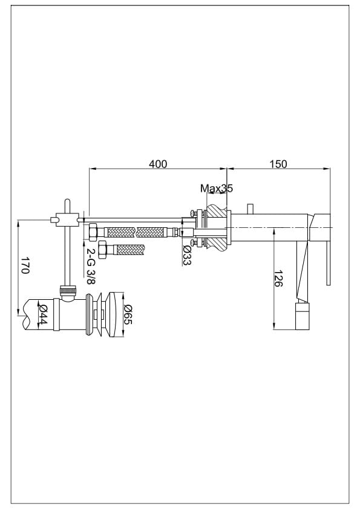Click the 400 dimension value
pyautogui.click(x=158, y=164)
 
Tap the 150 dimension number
pyautogui.click(x=278, y=164)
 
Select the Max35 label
pyautogui.click(x=217, y=188)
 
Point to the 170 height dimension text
pyautogui.click(x=25, y=265)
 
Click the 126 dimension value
pyautogui.click(x=278, y=278)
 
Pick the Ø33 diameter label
pyautogui.click(x=186, y=255)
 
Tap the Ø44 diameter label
pyautogui.click(x=43, y=314)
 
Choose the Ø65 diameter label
pyautogui.click(x=128, y=314)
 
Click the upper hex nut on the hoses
pyautogui.click(x=92, y=232)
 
